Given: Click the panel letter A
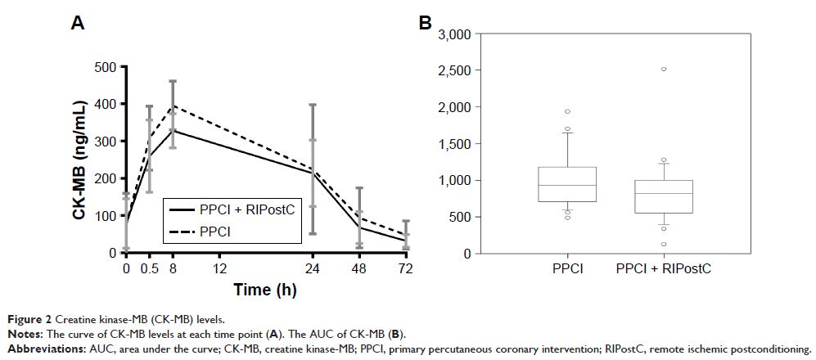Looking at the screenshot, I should [78, 24].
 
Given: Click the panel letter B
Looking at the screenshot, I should [425, 24].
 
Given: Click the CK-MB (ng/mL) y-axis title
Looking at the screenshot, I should [79, 160].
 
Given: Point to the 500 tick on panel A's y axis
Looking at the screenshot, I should [106, 67].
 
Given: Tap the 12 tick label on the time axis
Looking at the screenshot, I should [219, 268].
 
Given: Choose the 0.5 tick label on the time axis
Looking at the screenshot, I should [149, 268].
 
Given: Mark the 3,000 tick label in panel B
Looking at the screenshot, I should [454, 34].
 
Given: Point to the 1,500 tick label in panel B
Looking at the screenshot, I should [454, 144].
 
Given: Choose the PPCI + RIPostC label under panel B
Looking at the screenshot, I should [663, 268].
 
